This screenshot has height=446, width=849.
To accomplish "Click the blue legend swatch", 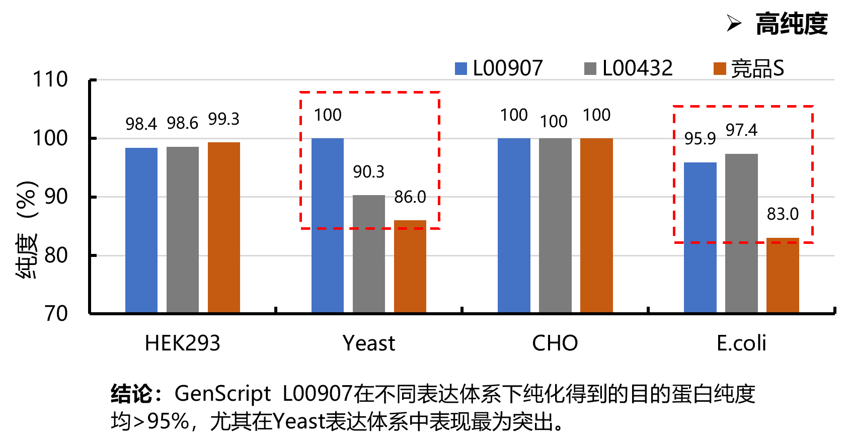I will tap(461, 69).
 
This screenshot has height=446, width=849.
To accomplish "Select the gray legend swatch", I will tap(590, 69).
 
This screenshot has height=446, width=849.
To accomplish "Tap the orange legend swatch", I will tap(720, 69).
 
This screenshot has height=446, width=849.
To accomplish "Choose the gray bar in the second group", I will tap(369, 253).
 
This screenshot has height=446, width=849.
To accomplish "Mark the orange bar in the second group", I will tap(410, 266).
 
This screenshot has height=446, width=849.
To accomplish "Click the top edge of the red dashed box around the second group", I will tap(370, 92).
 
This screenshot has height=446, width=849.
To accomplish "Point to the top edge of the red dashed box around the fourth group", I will tap(743, 106).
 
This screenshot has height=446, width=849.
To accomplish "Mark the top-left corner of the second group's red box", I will tap(300, 92).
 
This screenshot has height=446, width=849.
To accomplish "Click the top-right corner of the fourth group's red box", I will tap(813, 106).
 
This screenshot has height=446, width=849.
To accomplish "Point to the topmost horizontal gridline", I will tap(466, 79).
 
